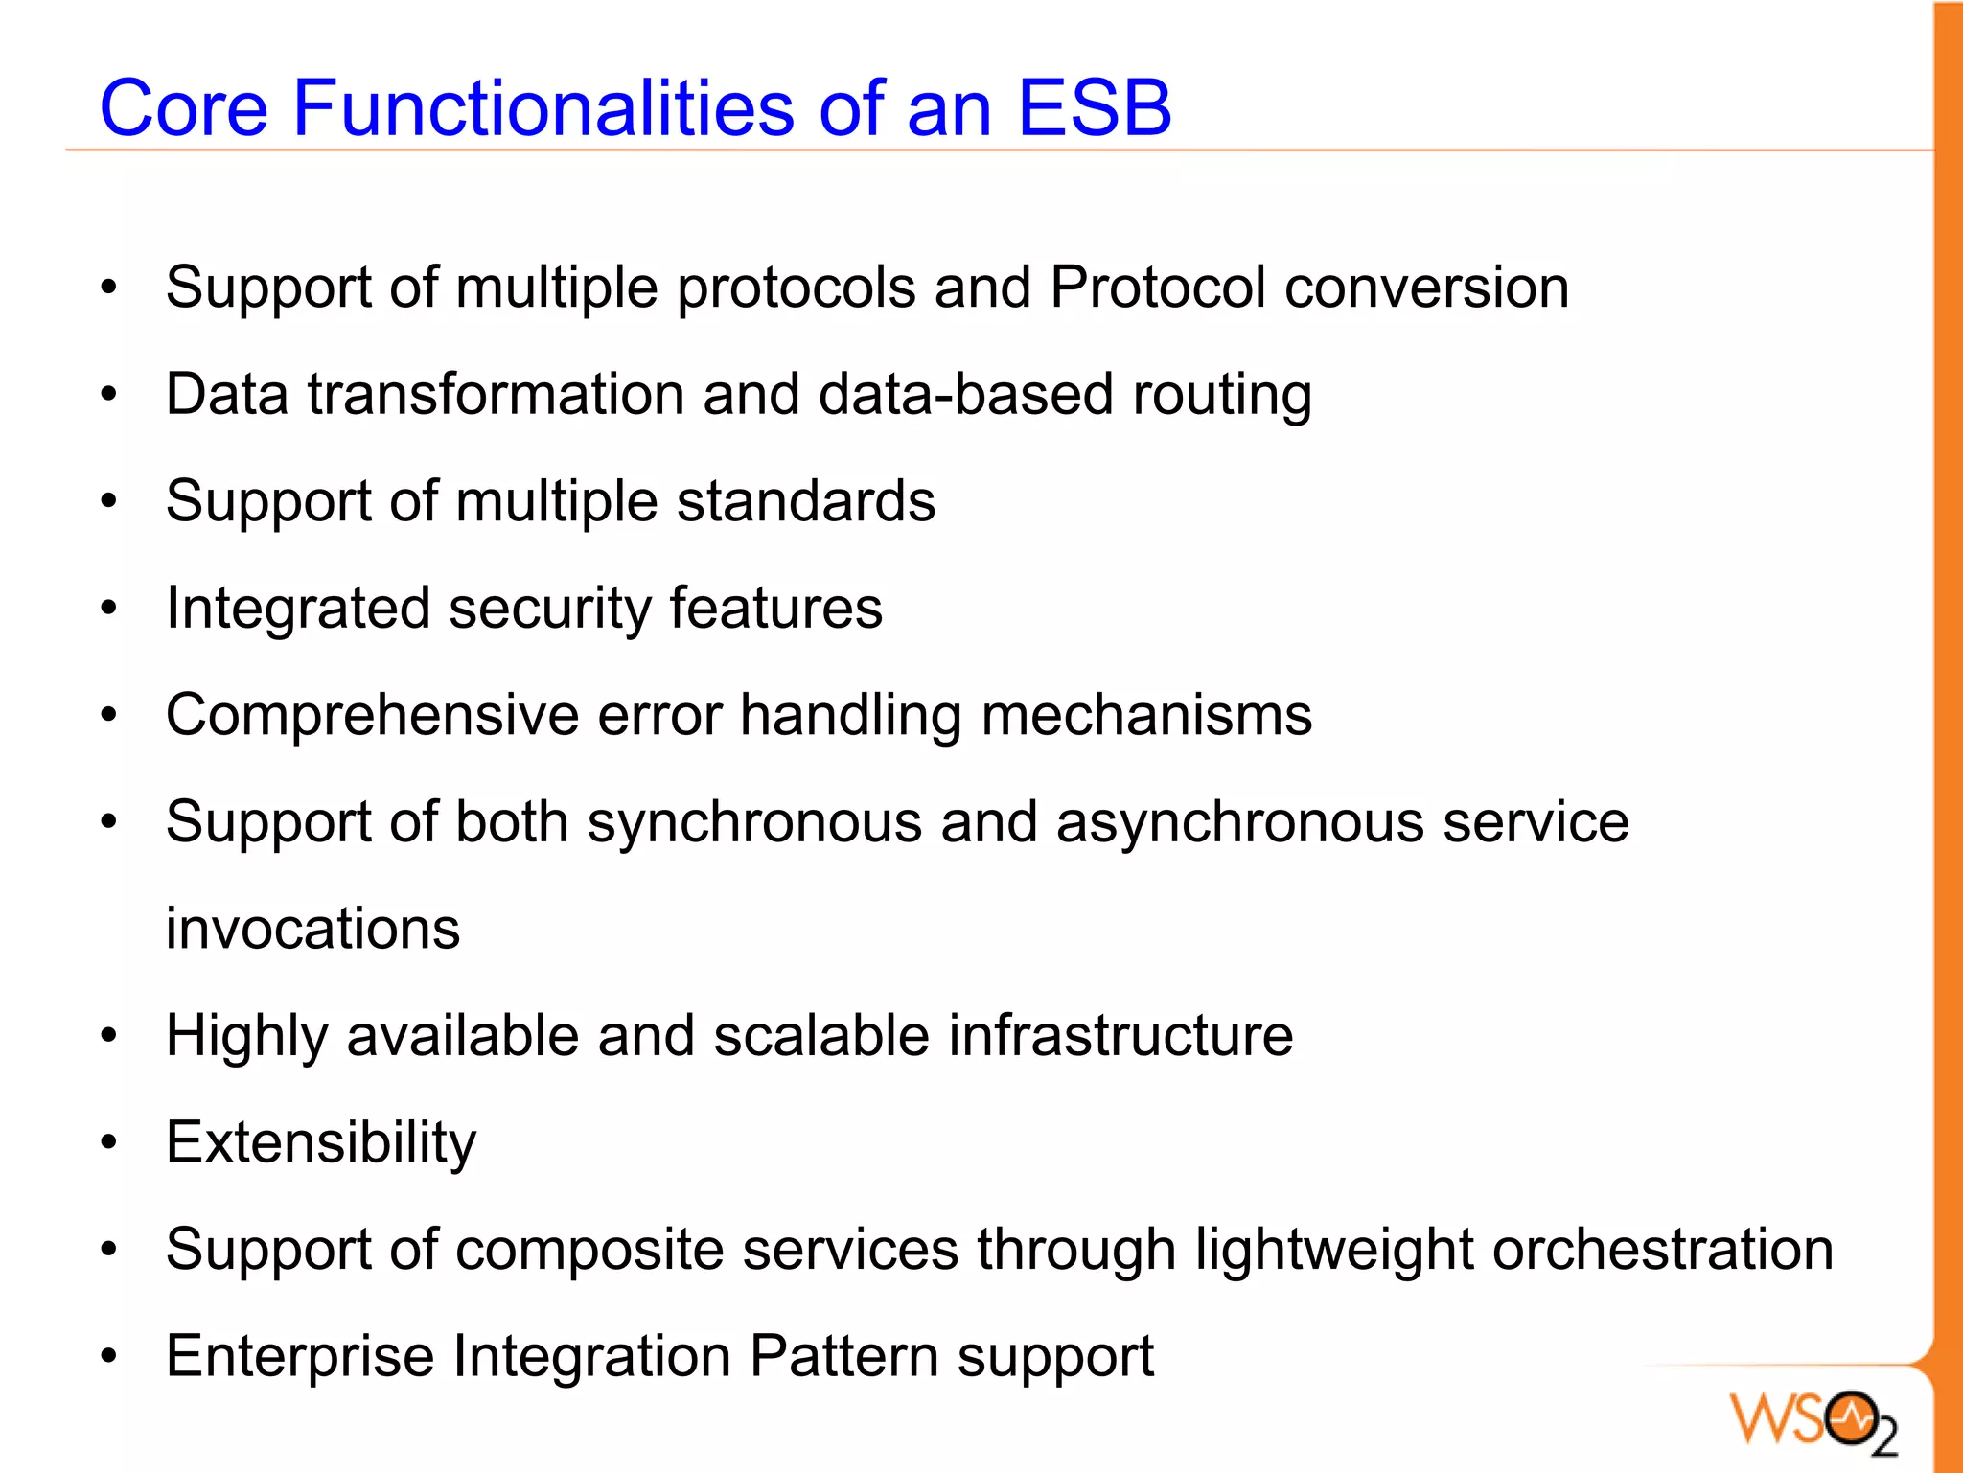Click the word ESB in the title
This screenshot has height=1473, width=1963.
coord(1094,108)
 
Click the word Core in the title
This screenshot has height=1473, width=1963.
coord(183,108)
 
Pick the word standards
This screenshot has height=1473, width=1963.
coord(805,501)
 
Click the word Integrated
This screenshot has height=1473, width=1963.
coord(298,610)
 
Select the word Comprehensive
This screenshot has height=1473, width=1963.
coord(372,716)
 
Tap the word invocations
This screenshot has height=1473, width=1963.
coord(312,930)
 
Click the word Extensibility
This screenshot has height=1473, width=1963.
coord(320,1143)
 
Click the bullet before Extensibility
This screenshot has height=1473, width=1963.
coord(109,1142)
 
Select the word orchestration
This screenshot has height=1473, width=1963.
coord(1662,1250)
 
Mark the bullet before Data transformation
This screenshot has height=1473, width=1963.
coord(109,394)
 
